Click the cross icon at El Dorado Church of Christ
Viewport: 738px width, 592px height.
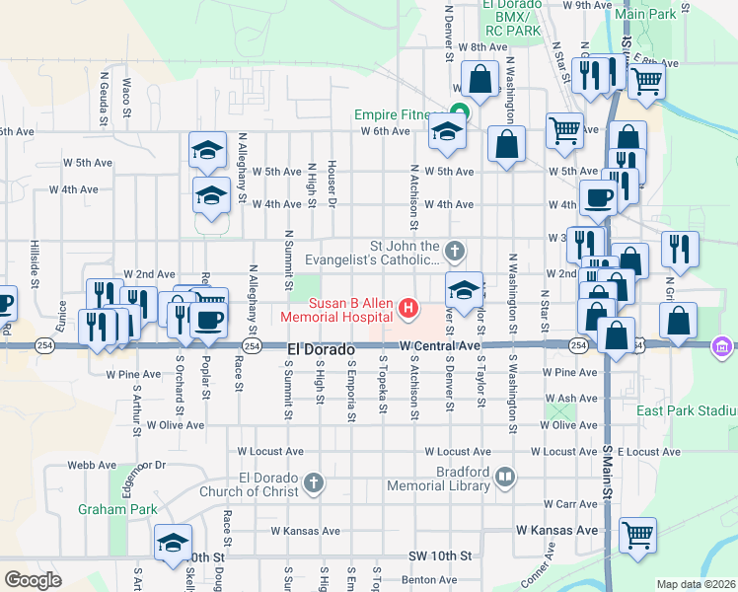click(x=313, y=482)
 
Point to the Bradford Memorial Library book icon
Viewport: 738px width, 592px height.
click(x=505, y=478)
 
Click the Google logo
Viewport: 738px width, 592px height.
click(x=34, y=580)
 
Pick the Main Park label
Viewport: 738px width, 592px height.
click(x=645, y=14)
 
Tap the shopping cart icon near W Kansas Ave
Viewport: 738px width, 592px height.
click(x=637, y=534)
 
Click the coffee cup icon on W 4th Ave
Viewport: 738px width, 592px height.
click(x=598, y=198)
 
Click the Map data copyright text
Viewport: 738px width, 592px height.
click(x=697, y=584)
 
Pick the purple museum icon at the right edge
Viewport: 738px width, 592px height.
click(x=722, y=345)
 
